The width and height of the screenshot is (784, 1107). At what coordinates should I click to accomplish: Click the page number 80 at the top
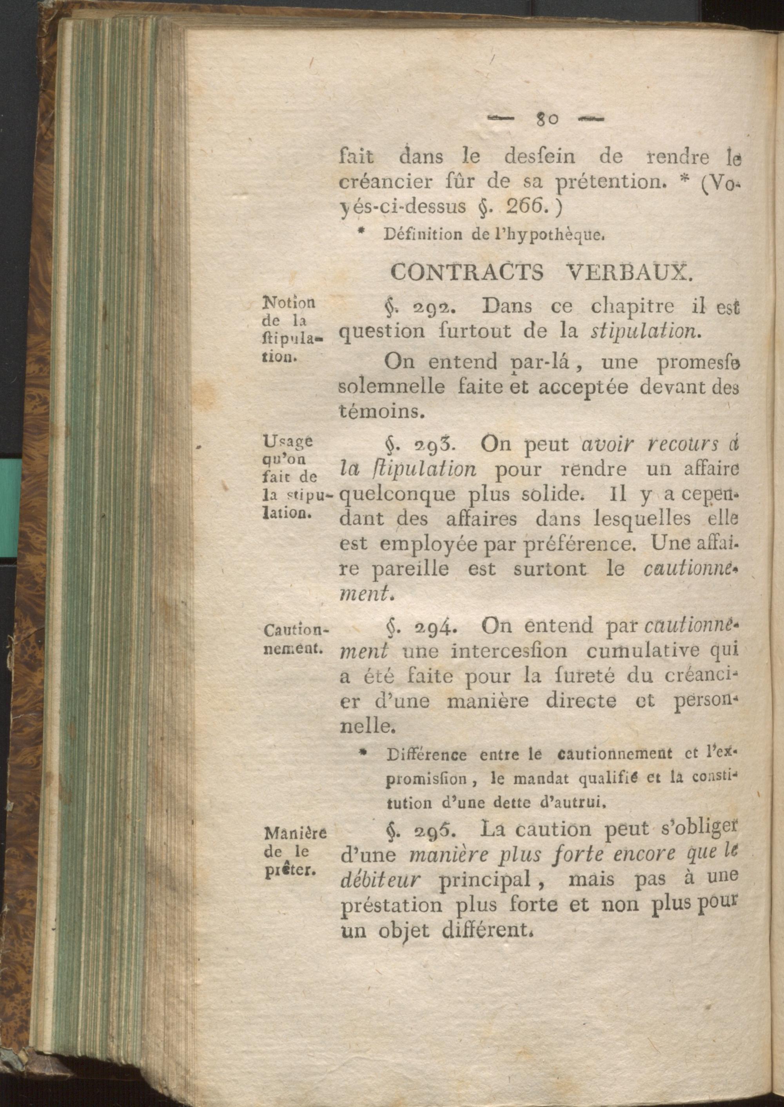(x=546, y=119)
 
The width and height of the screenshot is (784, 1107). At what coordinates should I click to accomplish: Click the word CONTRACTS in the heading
(x=467, y=273)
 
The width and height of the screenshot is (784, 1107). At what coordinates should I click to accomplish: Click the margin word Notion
(x=288, y=303)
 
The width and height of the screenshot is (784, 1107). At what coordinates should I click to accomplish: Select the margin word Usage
(x=288, y=440)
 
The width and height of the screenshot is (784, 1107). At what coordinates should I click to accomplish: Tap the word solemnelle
(x=392, y=387)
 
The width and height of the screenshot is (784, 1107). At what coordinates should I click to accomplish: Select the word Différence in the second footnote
(x=426, y=755)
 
